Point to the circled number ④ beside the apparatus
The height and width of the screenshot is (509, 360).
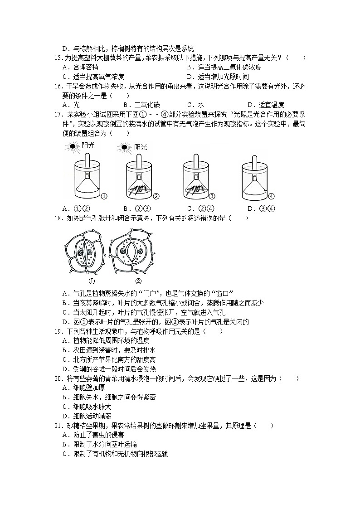pos(272,196)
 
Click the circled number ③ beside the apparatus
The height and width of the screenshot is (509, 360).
pos(211,196)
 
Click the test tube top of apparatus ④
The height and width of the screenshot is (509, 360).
pos(255,159)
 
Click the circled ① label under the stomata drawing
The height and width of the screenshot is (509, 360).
pos(92,281)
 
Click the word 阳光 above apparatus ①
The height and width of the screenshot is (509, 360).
pos(88,145)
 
